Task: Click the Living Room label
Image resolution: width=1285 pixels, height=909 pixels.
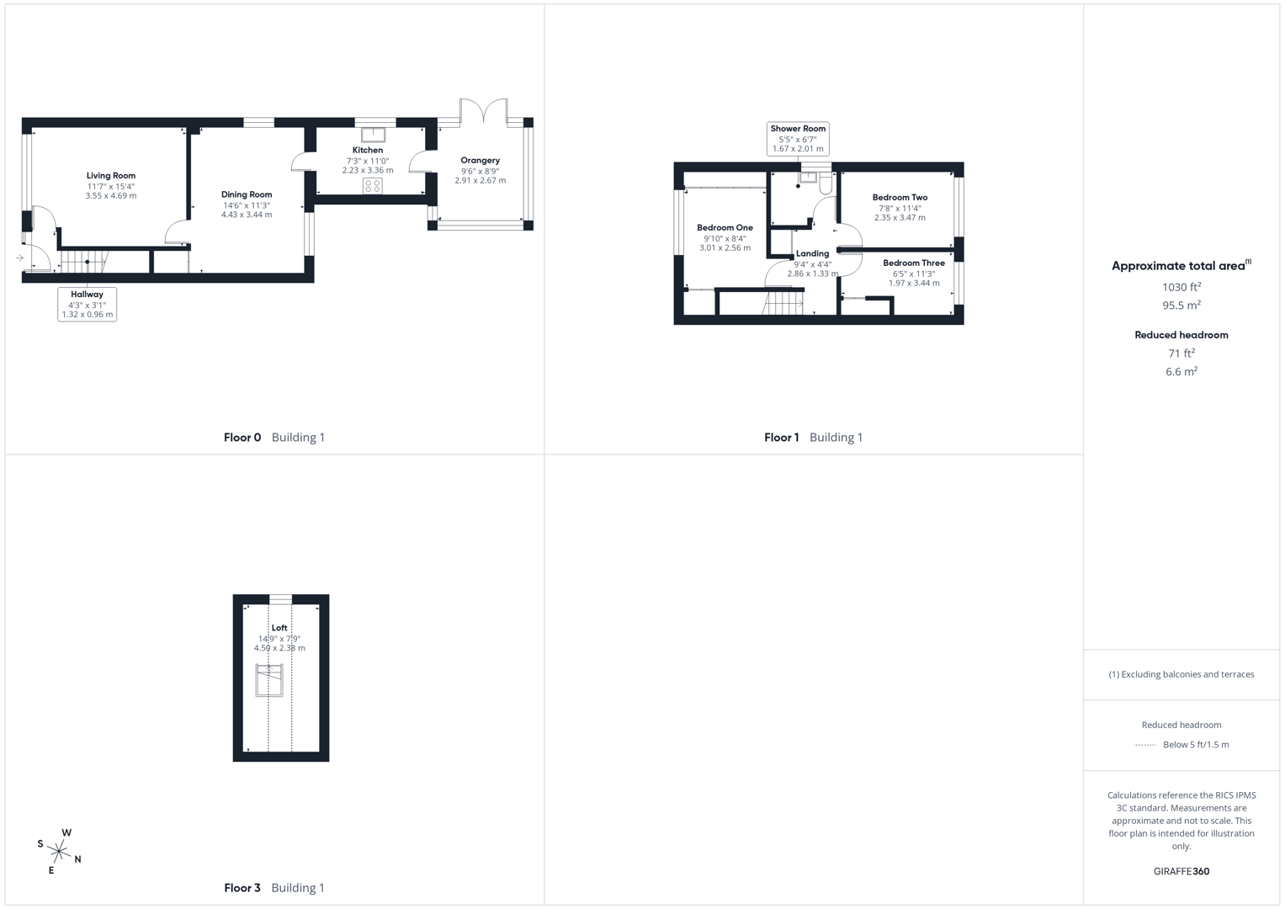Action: click(x=110, y=176)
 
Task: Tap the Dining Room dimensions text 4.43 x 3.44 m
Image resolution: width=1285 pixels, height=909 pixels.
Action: click(x=247, y=215)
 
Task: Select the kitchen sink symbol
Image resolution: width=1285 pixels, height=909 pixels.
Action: click(x=373, y=135)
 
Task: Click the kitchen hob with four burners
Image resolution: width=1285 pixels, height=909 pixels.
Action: click(x=373, y=186)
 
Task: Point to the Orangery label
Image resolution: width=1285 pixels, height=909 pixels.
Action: click(x=480, y=160)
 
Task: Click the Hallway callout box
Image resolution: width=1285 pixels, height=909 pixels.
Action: click(x=87, y=304)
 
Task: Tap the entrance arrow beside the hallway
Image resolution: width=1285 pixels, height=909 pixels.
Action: click(x=19, y=258)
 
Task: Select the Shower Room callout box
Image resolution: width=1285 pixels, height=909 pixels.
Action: click(x=798, y=139)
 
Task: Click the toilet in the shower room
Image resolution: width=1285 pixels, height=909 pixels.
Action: click(x=826, y=183)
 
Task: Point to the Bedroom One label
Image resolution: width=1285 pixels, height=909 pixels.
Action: click(x=725, y=227)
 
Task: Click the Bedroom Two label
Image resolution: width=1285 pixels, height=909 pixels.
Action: click(x=900, y=198)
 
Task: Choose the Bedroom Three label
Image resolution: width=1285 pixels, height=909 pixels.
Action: click(x=914, y=263)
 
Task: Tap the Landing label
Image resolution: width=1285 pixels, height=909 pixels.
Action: click(x=812, y=253)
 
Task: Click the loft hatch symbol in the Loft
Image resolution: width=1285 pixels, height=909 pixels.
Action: click(x=269, y=679)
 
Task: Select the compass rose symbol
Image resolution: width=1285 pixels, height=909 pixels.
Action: click(x=59, y=852)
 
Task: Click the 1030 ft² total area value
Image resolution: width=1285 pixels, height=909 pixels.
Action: click(x=1181, y=287)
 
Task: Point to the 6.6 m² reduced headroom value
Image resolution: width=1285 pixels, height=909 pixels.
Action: click(x=1181, y=371)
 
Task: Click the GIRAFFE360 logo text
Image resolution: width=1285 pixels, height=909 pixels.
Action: click(x=1181, y=871)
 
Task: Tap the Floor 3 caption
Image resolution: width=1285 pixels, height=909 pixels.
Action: click(x=242, y=887)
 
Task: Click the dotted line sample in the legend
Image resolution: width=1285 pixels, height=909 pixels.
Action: click(x=1144, y=745)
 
